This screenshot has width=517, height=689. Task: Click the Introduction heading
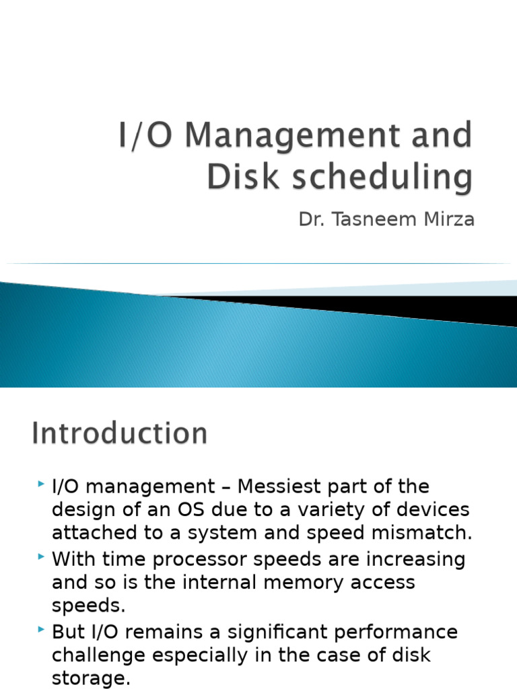coord(119,433)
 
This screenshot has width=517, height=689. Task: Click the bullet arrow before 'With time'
coord(42,557)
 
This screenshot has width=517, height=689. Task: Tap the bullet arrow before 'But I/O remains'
coord(42,630)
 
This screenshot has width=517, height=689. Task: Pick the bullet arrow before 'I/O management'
coord(42,484)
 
